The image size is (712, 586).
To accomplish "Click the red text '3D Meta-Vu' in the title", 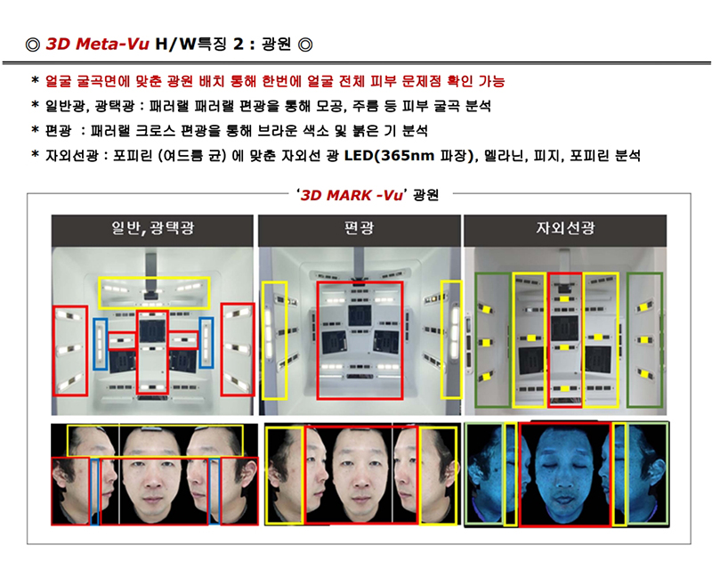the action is [x=98, y=44].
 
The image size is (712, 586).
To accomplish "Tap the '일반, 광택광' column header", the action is [x=152, y=228].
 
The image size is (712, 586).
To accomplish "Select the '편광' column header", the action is [x=360, y=228].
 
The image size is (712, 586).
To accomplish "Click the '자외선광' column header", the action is [x=565, y=228].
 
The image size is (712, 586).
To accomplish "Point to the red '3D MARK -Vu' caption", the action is [x=352, y=195].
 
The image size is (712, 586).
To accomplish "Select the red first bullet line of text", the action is [x=275, y=82].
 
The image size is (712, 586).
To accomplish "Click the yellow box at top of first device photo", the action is [x=154, y=278].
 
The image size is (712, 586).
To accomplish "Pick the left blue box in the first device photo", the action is [x=94, y=343].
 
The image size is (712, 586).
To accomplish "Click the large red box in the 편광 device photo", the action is [x=317, y=341].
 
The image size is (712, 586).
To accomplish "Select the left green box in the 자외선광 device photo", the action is [x=476, y=340].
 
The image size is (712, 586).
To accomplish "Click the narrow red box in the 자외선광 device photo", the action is [x=548, y=340].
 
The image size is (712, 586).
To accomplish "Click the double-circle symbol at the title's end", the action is [x=305, y=45].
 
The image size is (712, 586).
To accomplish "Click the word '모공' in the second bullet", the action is [x=329, y=106].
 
